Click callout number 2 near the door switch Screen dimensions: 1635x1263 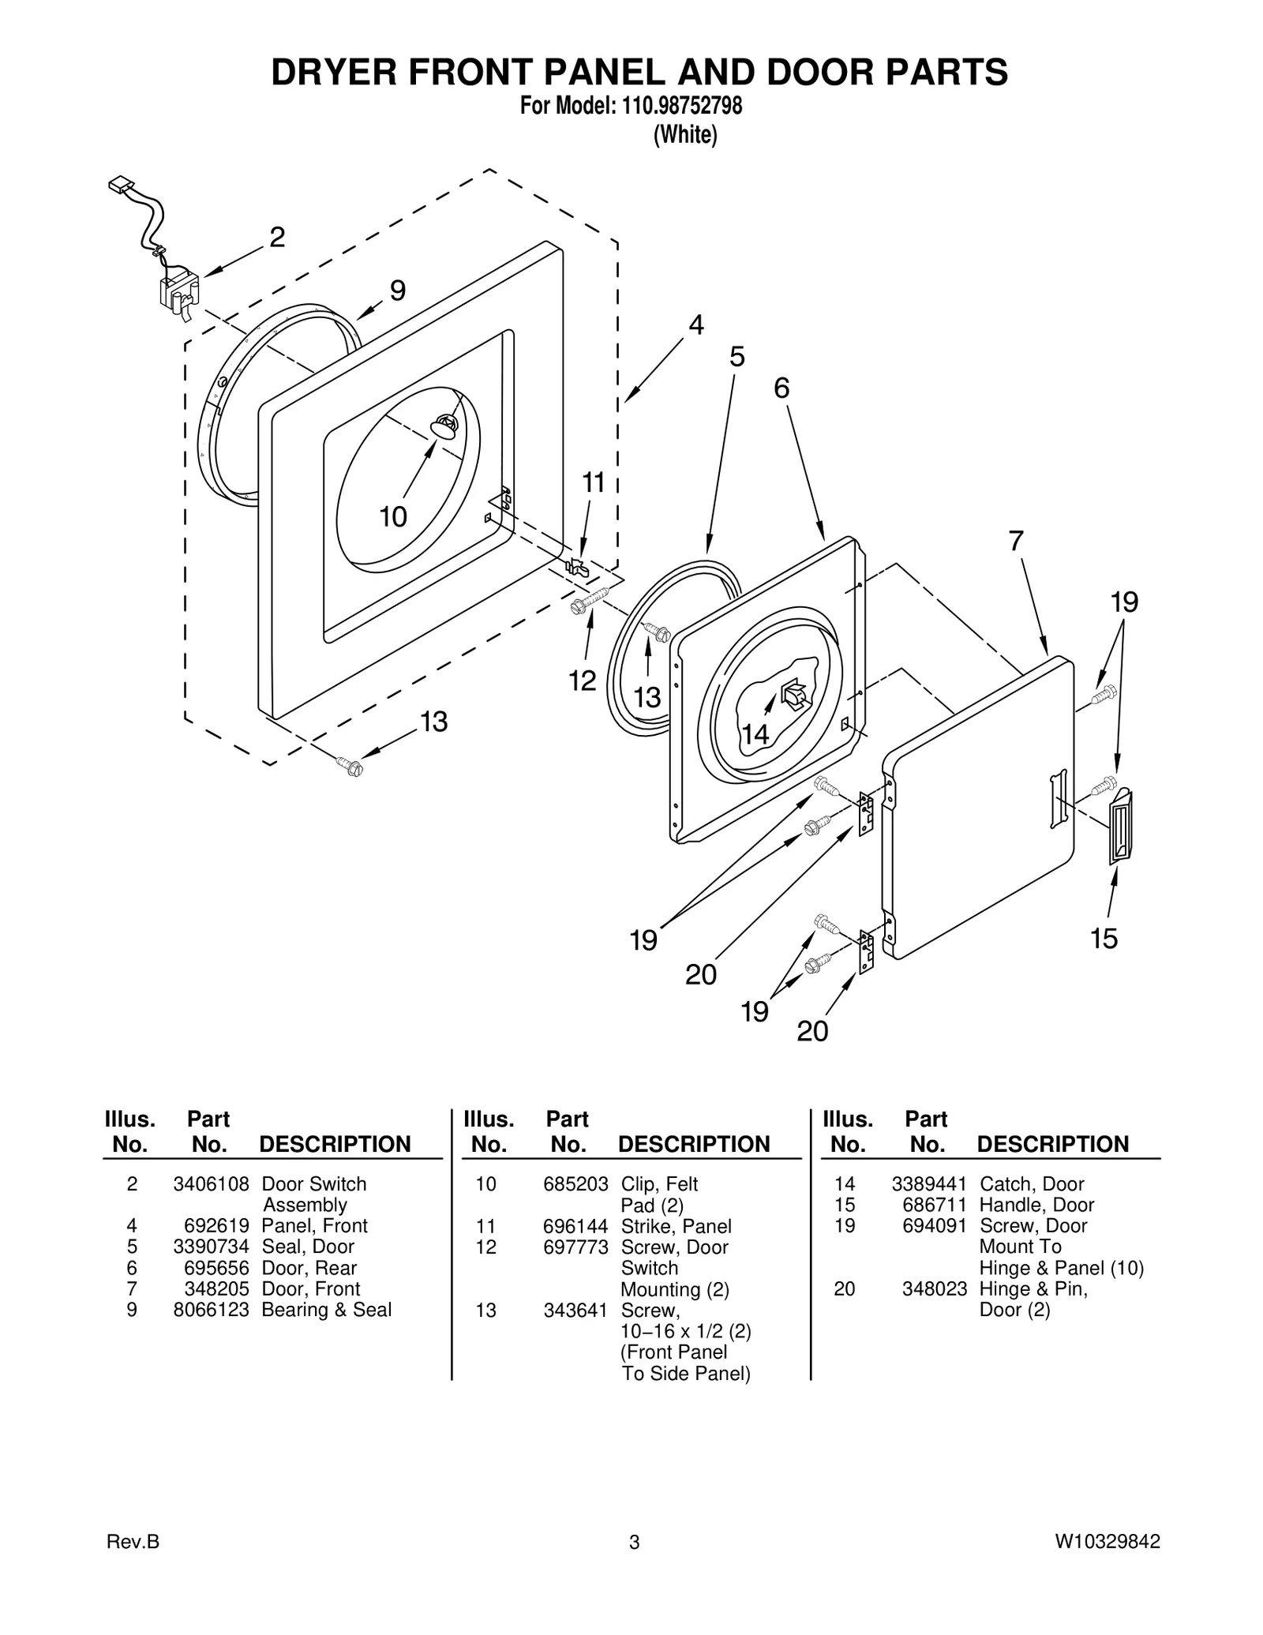(x=277, y=238)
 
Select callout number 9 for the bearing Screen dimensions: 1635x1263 (x=398, y=291)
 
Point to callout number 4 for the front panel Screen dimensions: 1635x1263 (x=695, y=325)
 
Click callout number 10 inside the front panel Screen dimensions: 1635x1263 (x=393, y=517)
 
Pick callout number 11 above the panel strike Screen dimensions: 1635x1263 (x=593, y=482)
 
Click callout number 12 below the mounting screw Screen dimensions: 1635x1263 (x=583, y=681)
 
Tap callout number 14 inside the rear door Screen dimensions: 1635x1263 (x=755, y=734)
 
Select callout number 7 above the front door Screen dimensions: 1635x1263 (x=1016, y=542)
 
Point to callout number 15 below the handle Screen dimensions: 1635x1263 (x=1104, y=939)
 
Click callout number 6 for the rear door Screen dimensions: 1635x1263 (x=781, y=388)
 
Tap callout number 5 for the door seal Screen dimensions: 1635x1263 (x=736, y=358)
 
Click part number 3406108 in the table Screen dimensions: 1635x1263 (x=211, y=1184)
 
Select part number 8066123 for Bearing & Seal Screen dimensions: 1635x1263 (x=211, y=1310)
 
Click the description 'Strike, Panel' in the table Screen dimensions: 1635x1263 (x=676, y=1226)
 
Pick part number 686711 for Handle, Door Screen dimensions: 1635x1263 (x=935, y=1205)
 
